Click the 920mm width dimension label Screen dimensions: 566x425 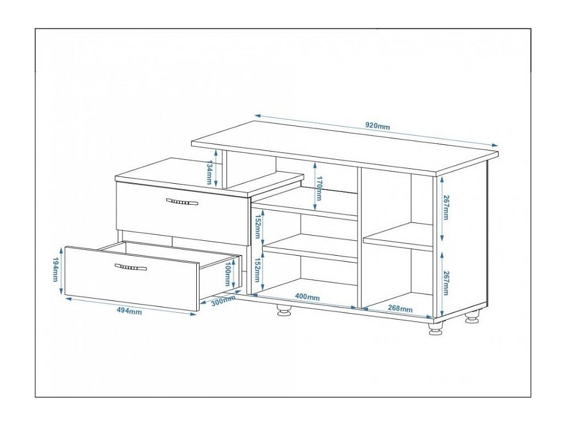[378, 126]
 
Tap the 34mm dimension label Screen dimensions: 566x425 [209, 173]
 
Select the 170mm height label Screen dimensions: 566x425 [319, 188]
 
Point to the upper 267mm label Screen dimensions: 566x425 [446, 208]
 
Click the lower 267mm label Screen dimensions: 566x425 [446, 283]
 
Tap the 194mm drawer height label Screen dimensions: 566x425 [55, 269]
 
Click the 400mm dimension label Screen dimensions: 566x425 [307, 297]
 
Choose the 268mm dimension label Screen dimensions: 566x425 [400, 308]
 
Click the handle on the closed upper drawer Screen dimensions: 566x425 [182, 202]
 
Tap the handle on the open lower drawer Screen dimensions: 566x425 [131, 268]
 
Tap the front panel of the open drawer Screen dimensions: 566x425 [132, 279]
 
